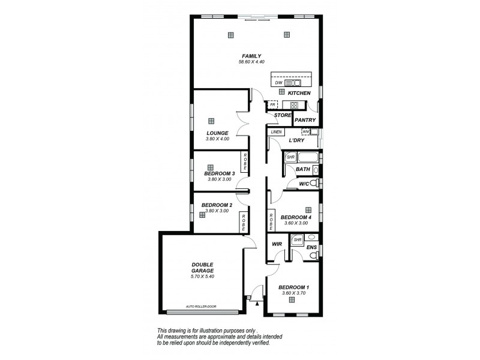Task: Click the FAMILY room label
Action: [x=251, y=56]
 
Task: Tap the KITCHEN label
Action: [x=299, y=94]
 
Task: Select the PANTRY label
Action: [x=305, y=120]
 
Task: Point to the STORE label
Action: [x=282, y=115]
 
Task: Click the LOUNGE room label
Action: [x=217, y=133]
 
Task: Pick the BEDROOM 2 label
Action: [x=217, y=205]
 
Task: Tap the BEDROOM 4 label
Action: [x=296, y=217]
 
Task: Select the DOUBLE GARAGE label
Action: [x=202, y=267]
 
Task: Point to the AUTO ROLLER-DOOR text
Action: [x=201, y=307]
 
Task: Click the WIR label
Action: [x=277, y=244]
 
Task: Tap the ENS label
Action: [x=311, y=247]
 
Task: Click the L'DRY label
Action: [x=297, y=140]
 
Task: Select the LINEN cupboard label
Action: [x=276, y=131]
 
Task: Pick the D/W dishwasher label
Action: [x=278, y=83]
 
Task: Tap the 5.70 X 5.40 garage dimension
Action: [x=202, y=276]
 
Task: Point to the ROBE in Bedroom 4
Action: [x=271, y=221]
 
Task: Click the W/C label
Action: [x=304, y=183]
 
